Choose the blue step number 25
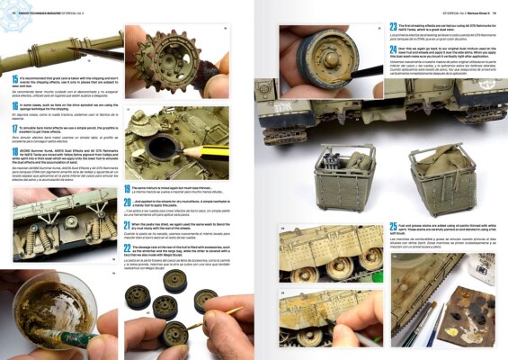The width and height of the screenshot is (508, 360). (394, 226)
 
